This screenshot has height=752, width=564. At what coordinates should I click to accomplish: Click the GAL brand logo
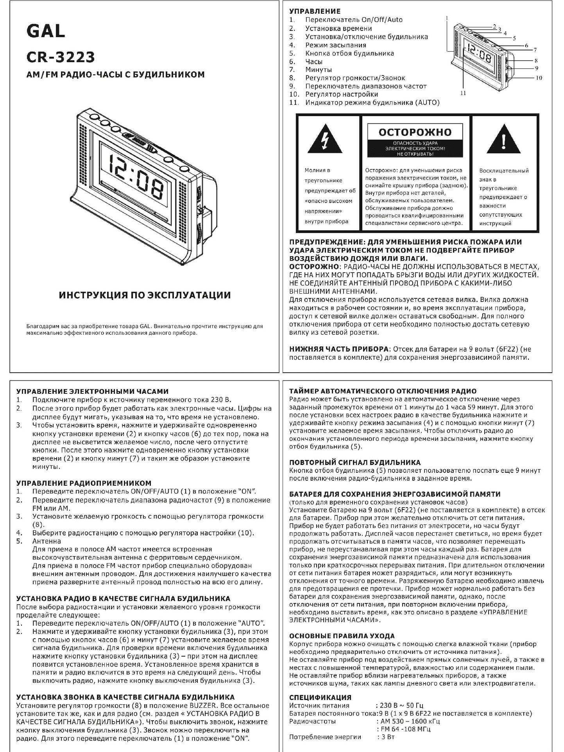pyautogui.click(x=45, y=31)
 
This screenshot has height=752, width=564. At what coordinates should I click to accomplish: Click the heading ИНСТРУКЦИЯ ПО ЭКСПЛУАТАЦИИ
pyautogui.click(x=145, y=295)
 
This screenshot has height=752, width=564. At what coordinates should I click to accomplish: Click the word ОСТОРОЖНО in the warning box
pyautogui.click(x=415, y=132)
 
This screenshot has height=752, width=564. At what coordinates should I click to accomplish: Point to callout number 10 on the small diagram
pyautogui.click(x=539, y=78)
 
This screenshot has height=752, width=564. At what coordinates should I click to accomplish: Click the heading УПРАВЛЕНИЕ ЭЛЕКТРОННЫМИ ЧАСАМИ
pyautogui.click(x=92, y=391)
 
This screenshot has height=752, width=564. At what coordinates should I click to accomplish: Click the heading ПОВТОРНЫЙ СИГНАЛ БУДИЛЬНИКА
pyautogui.click(x=355, y=462)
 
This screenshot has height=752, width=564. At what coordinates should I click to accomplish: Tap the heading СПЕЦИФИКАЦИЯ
pyautogui.click(x=320, y=697)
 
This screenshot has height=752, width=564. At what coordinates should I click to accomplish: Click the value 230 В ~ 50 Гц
pyautogui.click(x=400, y=705)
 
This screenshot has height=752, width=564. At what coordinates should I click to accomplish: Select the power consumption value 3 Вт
pyautogui.click(x=386, y=737)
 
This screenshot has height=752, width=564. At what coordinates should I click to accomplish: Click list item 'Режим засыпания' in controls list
pyautogui.click(x=336, y=45)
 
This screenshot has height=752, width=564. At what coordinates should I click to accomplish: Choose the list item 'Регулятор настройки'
pyautogui.click(x=342, y=94)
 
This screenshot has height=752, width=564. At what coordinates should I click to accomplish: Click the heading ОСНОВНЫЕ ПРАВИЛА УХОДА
pyautogui.click(x=342, y=636)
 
